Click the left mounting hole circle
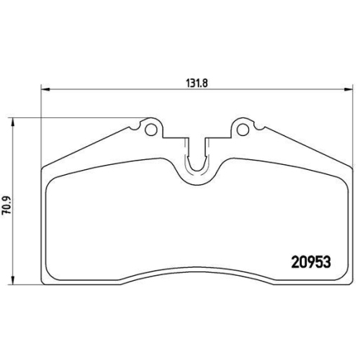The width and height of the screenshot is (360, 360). (x=151, y=130)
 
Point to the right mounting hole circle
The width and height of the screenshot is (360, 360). (x=243, y=130)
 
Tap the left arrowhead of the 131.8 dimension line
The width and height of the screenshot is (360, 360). (x=45, y=90)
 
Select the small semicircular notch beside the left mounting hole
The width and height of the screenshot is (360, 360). (x=135, y=127)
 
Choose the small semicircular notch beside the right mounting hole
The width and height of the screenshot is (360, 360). (x=258, y=127)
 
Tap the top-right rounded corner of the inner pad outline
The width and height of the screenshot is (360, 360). (x=342, y=181)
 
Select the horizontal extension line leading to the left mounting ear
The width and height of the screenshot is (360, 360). (x=72, y=117)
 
